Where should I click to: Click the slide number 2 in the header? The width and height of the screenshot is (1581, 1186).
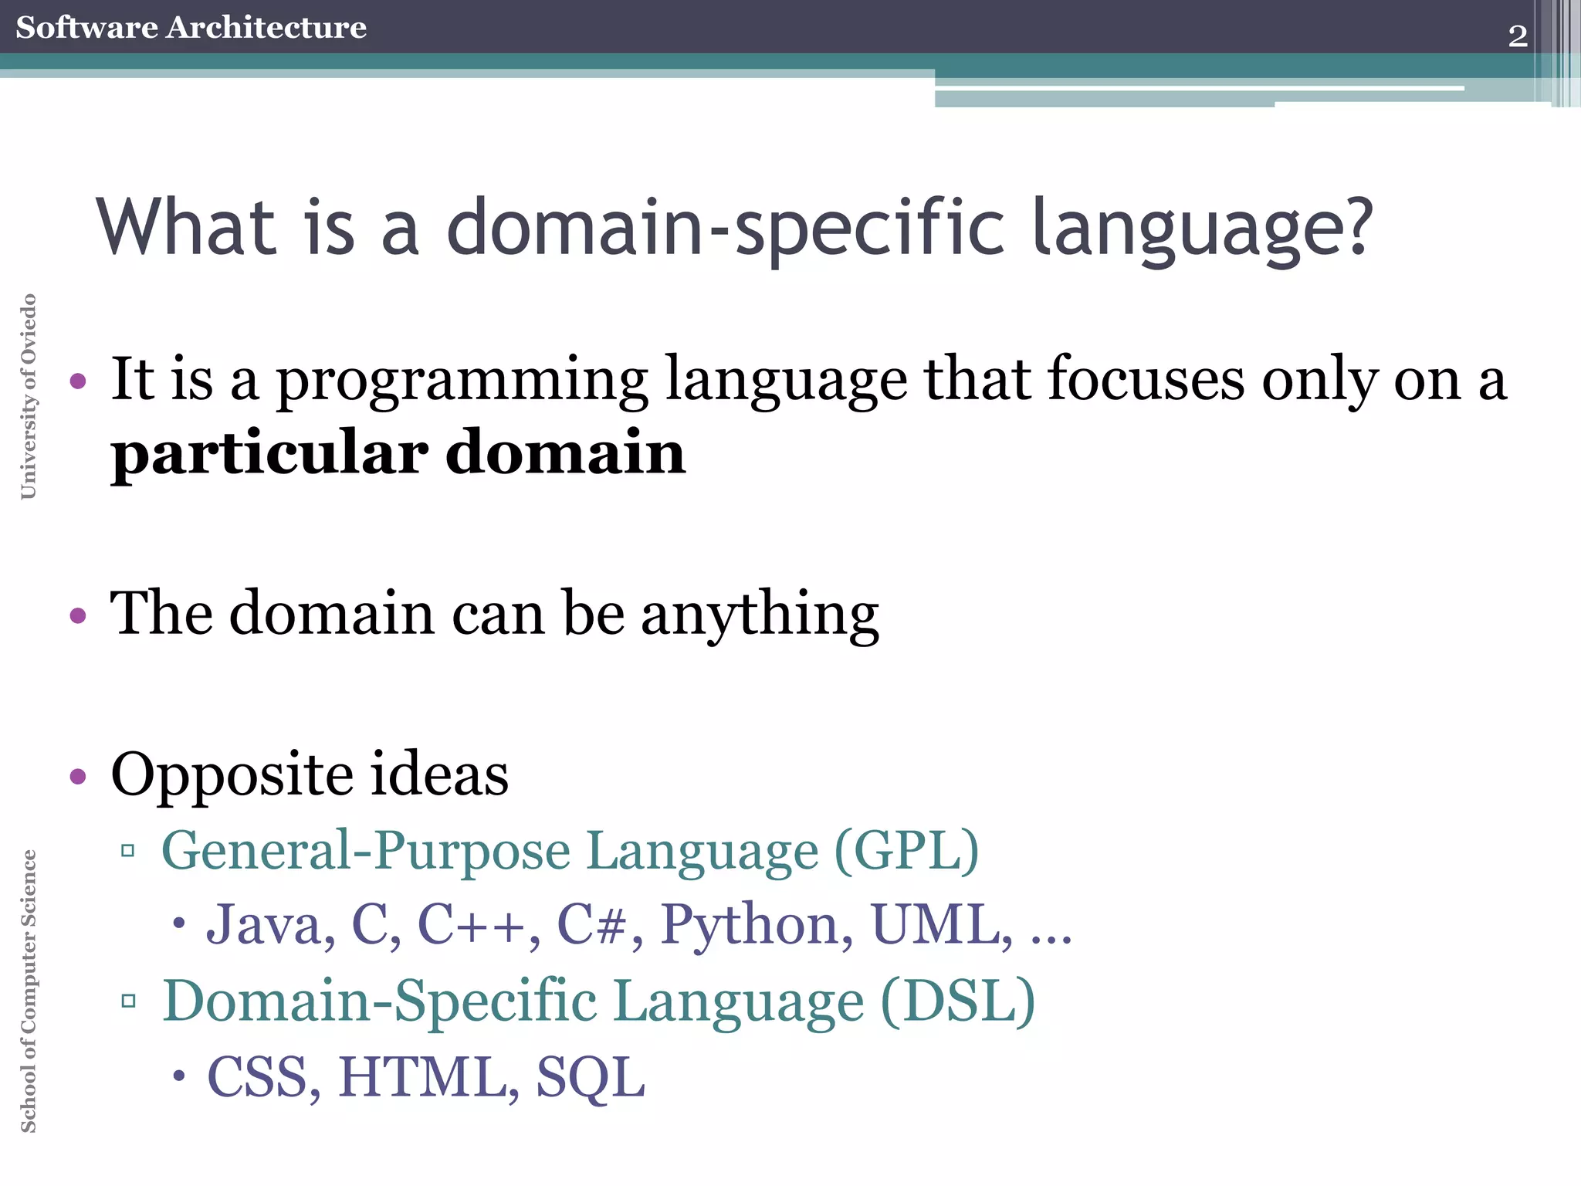coord(1517,36)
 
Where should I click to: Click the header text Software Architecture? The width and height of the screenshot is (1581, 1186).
coord(191,27)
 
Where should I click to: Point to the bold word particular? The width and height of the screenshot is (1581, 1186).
coord(269,454)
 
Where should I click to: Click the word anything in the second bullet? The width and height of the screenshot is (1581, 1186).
coord(760,615)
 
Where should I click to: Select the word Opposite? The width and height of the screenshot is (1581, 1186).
coord(232,774)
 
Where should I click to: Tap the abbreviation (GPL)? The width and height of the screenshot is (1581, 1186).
coord(906,851)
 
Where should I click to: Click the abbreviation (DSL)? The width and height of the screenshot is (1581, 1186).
coord(957,1001)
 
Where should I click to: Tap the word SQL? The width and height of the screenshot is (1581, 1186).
coord(591,1077)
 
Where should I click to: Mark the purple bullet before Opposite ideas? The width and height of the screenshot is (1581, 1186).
coord(78,776)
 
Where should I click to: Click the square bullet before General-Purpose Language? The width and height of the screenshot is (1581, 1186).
coord(128,852)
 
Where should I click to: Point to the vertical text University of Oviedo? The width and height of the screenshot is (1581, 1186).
coord(29,396)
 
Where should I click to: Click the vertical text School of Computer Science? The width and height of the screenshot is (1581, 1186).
coord(29,991)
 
